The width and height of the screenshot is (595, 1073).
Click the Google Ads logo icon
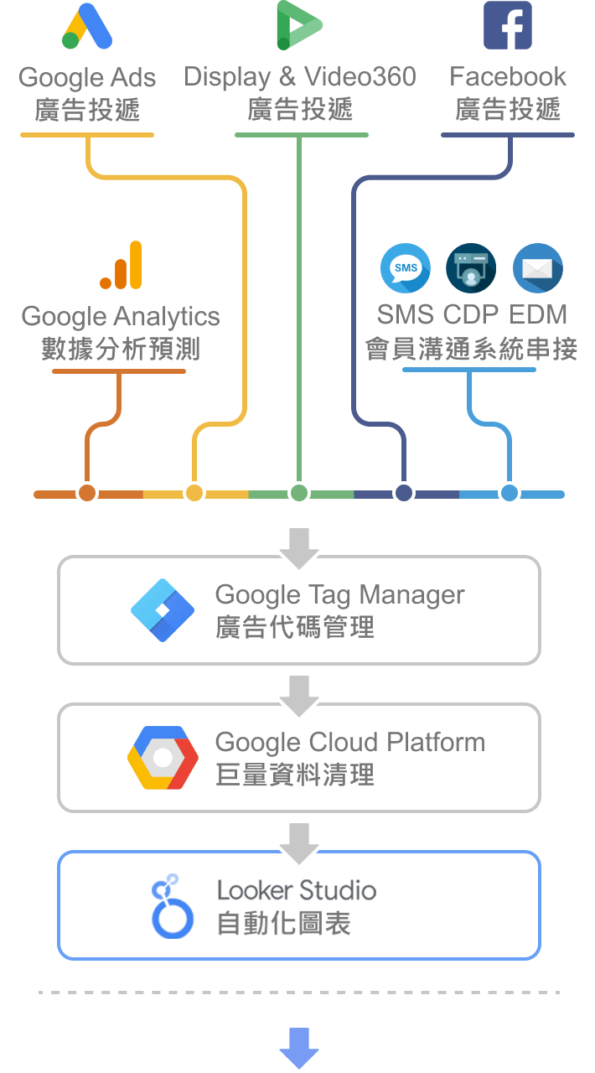pos(87,27)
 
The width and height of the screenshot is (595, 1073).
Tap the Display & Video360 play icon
pos(298,25)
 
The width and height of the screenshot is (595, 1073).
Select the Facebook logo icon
pos(508,25)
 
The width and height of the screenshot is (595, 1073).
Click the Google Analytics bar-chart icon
pos(122,266)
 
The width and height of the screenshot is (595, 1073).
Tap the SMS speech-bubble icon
pos(406,268)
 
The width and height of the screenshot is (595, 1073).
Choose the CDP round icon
pos(470,268)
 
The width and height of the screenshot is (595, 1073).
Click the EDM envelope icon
pos(537,268)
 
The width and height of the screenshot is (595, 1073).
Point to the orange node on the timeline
pos(87,493)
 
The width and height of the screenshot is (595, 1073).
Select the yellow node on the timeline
pos(194,493)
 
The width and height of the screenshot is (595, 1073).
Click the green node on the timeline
pos(299,493)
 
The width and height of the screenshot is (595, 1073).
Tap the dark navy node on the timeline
pos(405,493)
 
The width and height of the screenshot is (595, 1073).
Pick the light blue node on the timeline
pos(509,493)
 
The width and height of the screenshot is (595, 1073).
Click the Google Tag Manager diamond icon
pos(163,610)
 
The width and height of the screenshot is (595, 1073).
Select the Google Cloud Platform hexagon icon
pos(163,758)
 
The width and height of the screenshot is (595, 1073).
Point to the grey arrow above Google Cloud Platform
pos(299,694)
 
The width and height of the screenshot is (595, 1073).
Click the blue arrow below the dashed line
pos(299,1047)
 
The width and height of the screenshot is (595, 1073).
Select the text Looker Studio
pos(296,890)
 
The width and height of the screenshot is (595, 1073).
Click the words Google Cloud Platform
pos(349,743)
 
